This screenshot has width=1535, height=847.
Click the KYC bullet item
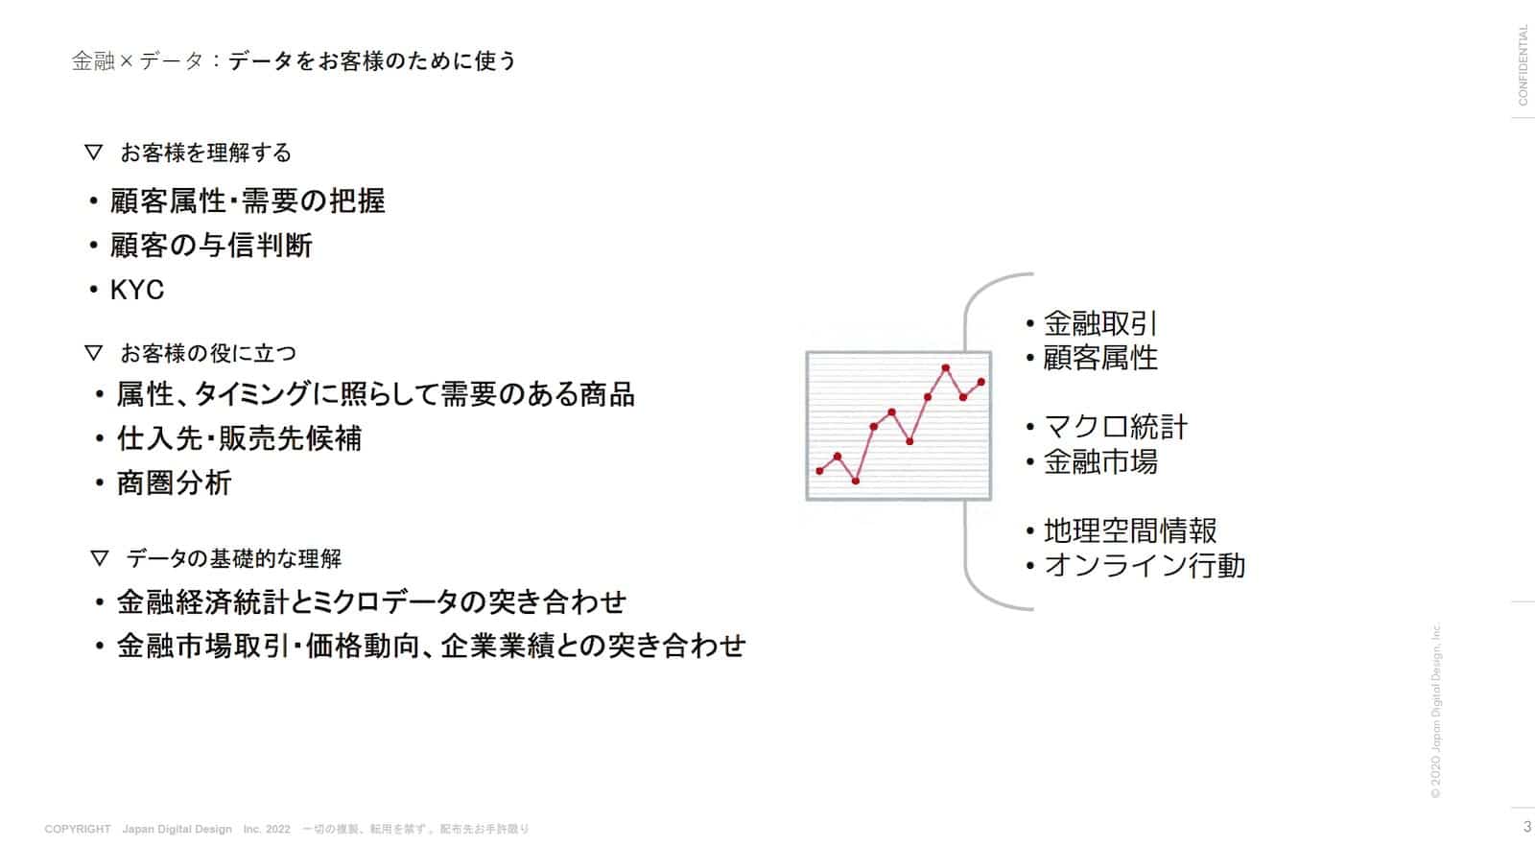136,290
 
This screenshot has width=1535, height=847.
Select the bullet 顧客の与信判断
210,246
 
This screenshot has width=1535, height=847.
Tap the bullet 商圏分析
174,482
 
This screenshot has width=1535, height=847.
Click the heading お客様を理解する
205,153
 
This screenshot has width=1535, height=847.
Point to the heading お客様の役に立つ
208,353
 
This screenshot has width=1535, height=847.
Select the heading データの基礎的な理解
233,558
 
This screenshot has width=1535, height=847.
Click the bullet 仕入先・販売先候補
239,438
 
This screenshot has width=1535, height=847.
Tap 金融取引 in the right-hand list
1099,323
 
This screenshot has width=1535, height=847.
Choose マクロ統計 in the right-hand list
1115,427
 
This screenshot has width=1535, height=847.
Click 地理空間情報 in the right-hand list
1129,530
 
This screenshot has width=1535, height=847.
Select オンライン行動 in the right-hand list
1144,565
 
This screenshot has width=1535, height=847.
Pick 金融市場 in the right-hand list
1099,461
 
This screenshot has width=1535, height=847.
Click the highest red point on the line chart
946,367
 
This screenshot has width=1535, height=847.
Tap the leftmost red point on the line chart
819,471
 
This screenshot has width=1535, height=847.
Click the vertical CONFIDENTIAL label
1523,64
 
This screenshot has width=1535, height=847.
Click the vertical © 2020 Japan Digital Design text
1435,711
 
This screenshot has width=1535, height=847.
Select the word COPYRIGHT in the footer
78,829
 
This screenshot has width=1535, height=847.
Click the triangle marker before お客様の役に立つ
93,353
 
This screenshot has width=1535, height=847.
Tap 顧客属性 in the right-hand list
1099,358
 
